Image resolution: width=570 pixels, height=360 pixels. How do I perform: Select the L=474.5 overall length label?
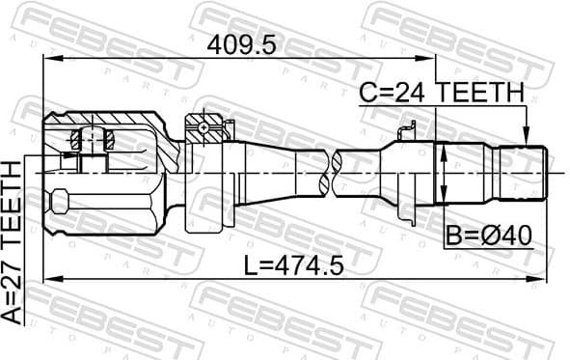click(294, 264)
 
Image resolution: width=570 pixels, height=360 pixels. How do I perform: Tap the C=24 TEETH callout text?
click(442, 93)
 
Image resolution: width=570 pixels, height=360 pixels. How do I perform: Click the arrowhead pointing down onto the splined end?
click(527, 138)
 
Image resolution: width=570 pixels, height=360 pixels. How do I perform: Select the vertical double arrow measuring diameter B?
click(443, 174)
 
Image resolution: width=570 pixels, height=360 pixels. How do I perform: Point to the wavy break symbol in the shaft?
click(331, 171)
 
